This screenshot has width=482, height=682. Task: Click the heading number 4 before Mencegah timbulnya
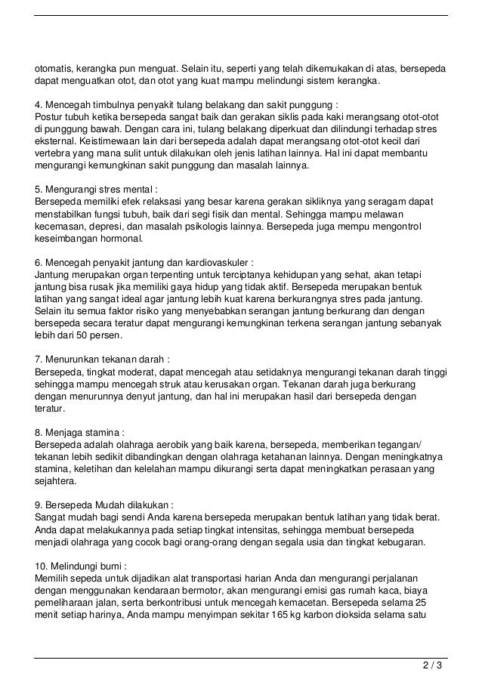click(x=39, y=103)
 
